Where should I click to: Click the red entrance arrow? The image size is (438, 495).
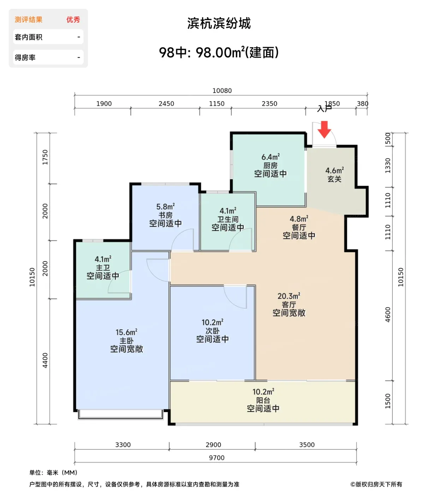click(x=324, y=129)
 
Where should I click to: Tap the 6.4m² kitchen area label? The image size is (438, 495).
click(x=270, y=157)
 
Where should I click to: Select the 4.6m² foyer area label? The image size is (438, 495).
click(x=334, y=170)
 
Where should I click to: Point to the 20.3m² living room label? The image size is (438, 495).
click(x=289, y=296)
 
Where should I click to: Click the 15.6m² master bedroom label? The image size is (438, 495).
click(x=126, y=332)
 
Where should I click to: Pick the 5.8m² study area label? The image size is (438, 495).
click(x=165, y=207)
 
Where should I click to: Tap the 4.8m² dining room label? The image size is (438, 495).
click(x=299, y=219)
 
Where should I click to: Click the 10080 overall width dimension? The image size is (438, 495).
click(x=222, y=91)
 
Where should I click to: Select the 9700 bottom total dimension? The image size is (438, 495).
click(x=217, y=458)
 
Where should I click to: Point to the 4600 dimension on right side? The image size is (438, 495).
click(x=388, y=314)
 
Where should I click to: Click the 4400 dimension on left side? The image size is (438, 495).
click(x=45, y=360)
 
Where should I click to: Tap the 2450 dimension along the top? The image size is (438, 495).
click(x=166, y=104)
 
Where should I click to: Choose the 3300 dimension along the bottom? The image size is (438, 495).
click(x=123, y=445)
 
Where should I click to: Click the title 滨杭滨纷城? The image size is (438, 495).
click(x=219, y=23)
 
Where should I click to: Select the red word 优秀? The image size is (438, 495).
click(x=73, y=19)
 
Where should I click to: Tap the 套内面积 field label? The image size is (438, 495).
click(x=29, y=37)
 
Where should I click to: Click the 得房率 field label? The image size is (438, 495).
click(x=25, y=58)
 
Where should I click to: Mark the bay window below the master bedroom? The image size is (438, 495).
click(x=120, y=414)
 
